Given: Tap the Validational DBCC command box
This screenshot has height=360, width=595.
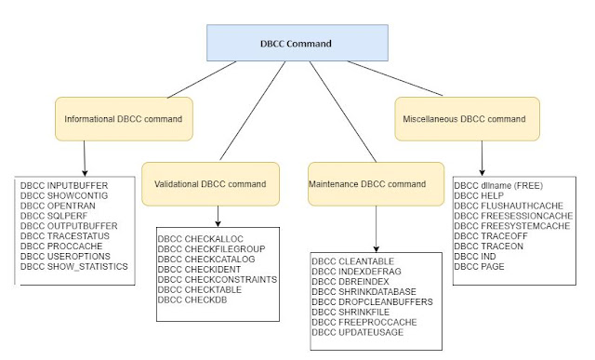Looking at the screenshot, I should tap(210, 184).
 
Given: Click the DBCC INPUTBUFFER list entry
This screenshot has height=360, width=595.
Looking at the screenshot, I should tap(66, 186).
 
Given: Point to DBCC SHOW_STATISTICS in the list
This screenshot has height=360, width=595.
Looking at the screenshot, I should tap(75, 266).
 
